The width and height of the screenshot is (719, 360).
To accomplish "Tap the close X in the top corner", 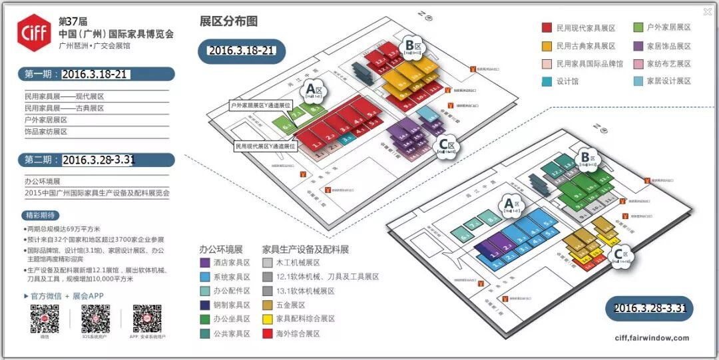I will [707, 11].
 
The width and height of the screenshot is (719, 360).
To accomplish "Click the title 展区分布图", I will [228, 21].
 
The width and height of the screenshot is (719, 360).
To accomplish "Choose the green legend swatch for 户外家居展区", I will [638, 28].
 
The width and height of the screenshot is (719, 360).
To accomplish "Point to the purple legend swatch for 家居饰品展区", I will [638, 46].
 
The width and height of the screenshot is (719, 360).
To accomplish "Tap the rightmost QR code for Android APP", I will [147, 319].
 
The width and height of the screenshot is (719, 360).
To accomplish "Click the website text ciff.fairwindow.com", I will [652, 338].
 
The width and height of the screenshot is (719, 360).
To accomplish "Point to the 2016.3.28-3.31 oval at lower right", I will [649, 308].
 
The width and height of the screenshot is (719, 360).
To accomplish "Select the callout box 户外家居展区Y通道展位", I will [260, 105].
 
